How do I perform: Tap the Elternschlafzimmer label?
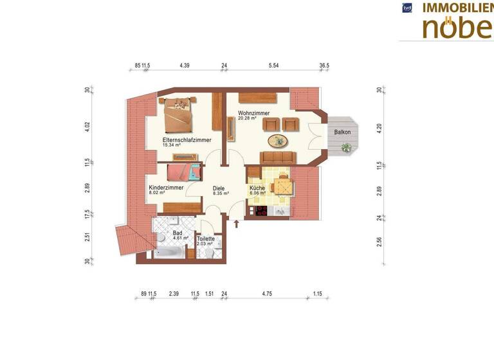187,139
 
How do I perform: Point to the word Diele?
220,188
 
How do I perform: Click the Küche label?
257,188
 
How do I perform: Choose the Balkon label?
343,132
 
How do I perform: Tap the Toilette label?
206,239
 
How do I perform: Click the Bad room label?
177,233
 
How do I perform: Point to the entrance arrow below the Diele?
237,224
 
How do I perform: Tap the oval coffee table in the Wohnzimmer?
279,141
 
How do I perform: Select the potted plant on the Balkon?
347,148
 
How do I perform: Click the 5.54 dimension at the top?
273,66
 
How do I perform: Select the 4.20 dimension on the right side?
380,127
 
